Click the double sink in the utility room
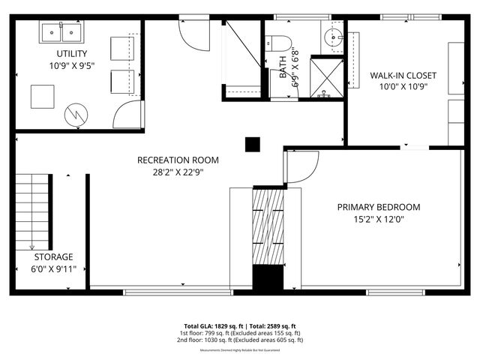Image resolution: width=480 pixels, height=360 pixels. (62, 32)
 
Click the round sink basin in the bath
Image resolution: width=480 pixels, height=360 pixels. (331, 37)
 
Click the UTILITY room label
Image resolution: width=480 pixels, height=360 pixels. (72, 53)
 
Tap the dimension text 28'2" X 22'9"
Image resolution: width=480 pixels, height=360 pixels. (178, 172)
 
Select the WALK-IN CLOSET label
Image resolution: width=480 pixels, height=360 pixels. (403, 75)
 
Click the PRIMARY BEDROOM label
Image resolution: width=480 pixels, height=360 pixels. (378, 207)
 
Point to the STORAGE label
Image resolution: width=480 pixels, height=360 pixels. (53, 256)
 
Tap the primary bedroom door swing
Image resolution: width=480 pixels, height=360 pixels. (301, 167)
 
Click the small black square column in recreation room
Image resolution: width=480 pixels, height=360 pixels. (253, 144)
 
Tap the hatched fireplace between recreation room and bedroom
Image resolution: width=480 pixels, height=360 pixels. (268, 225)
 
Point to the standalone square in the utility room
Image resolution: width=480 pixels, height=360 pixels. (42, 96)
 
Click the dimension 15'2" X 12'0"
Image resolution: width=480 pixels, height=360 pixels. (378, 220)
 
